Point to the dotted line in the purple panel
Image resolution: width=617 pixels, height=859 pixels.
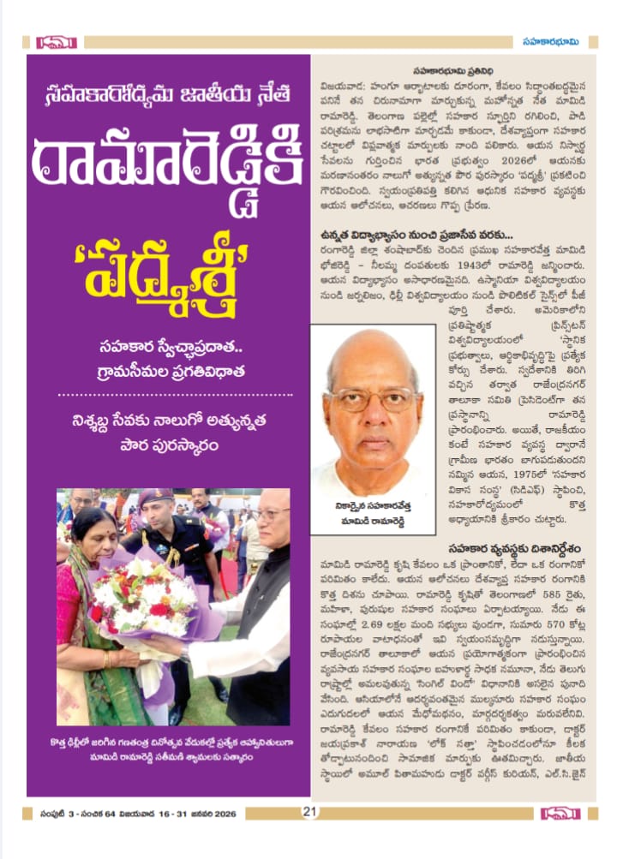[x=168, y=395]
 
